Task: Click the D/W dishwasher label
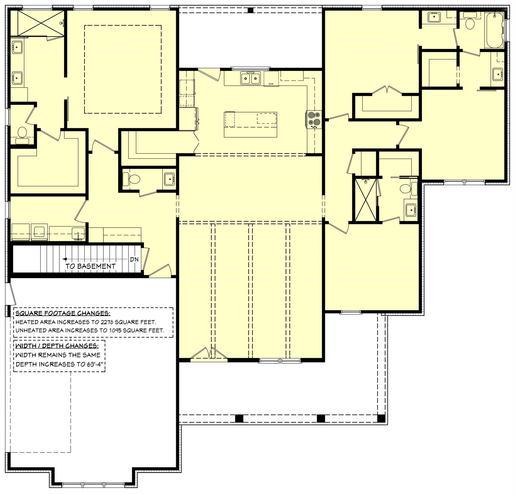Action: (x=271, y=84)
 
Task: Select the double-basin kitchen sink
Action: (x=250, y=78)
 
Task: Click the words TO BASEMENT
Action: (x=90, y=266)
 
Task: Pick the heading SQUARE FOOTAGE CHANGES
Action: (x=63, y=313)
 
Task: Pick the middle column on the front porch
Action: (x=321, y=418)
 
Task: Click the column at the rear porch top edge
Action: (x=251, y=11)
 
